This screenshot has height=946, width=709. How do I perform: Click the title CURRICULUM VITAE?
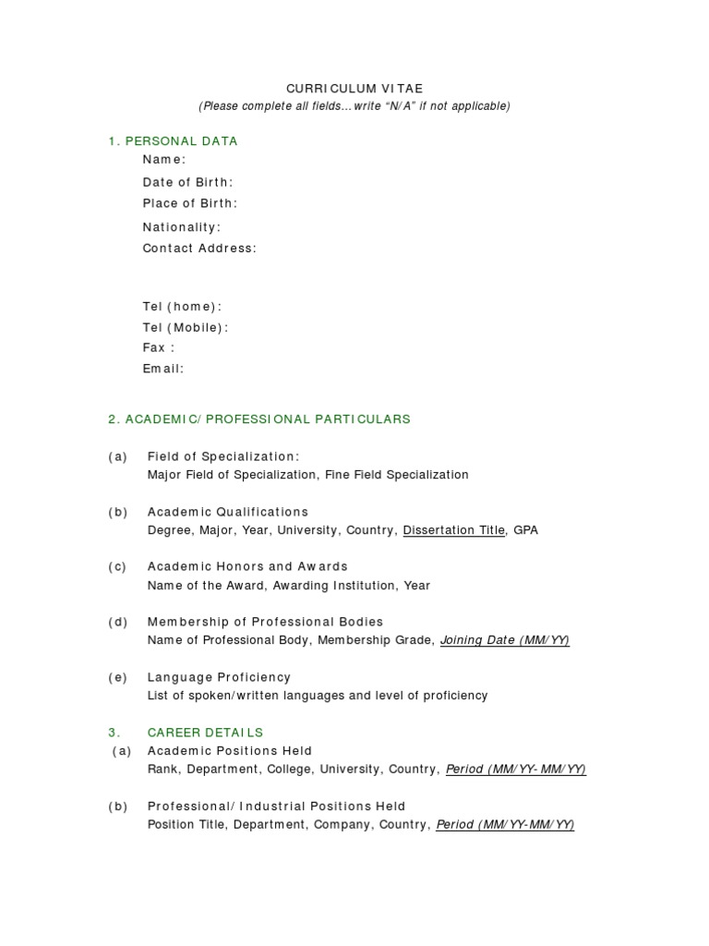pos(354,88)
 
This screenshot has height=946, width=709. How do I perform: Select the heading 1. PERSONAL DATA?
pos(173,141)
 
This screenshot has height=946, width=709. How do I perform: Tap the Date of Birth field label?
pos(187,182)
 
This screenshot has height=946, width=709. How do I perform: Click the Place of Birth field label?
pos(189,203)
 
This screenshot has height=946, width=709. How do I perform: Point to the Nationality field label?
pos(182,227)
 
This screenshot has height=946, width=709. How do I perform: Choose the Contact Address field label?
pos(199,248)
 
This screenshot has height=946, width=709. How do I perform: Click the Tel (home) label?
pos(182,307)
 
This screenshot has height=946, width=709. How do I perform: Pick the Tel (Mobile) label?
pos(185,327)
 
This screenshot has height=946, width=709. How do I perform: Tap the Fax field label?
pos(158,347)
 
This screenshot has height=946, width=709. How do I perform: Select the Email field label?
pos(162,369)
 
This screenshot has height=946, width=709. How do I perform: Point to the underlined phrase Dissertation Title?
pos(454,530)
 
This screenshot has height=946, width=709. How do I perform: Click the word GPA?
pos(526,530)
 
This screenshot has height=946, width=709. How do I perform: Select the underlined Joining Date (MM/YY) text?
pos(505,640)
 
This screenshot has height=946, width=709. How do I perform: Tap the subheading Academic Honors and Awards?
pos(247,566)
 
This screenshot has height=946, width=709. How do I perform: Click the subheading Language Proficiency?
pos(219,677)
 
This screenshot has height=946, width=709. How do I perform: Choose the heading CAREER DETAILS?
pos(205,733)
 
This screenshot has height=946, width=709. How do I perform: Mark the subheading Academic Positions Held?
pos(230,751)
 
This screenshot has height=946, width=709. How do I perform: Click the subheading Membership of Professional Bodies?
pos(265,622)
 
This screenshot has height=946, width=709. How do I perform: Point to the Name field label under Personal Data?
pos(163,160)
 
